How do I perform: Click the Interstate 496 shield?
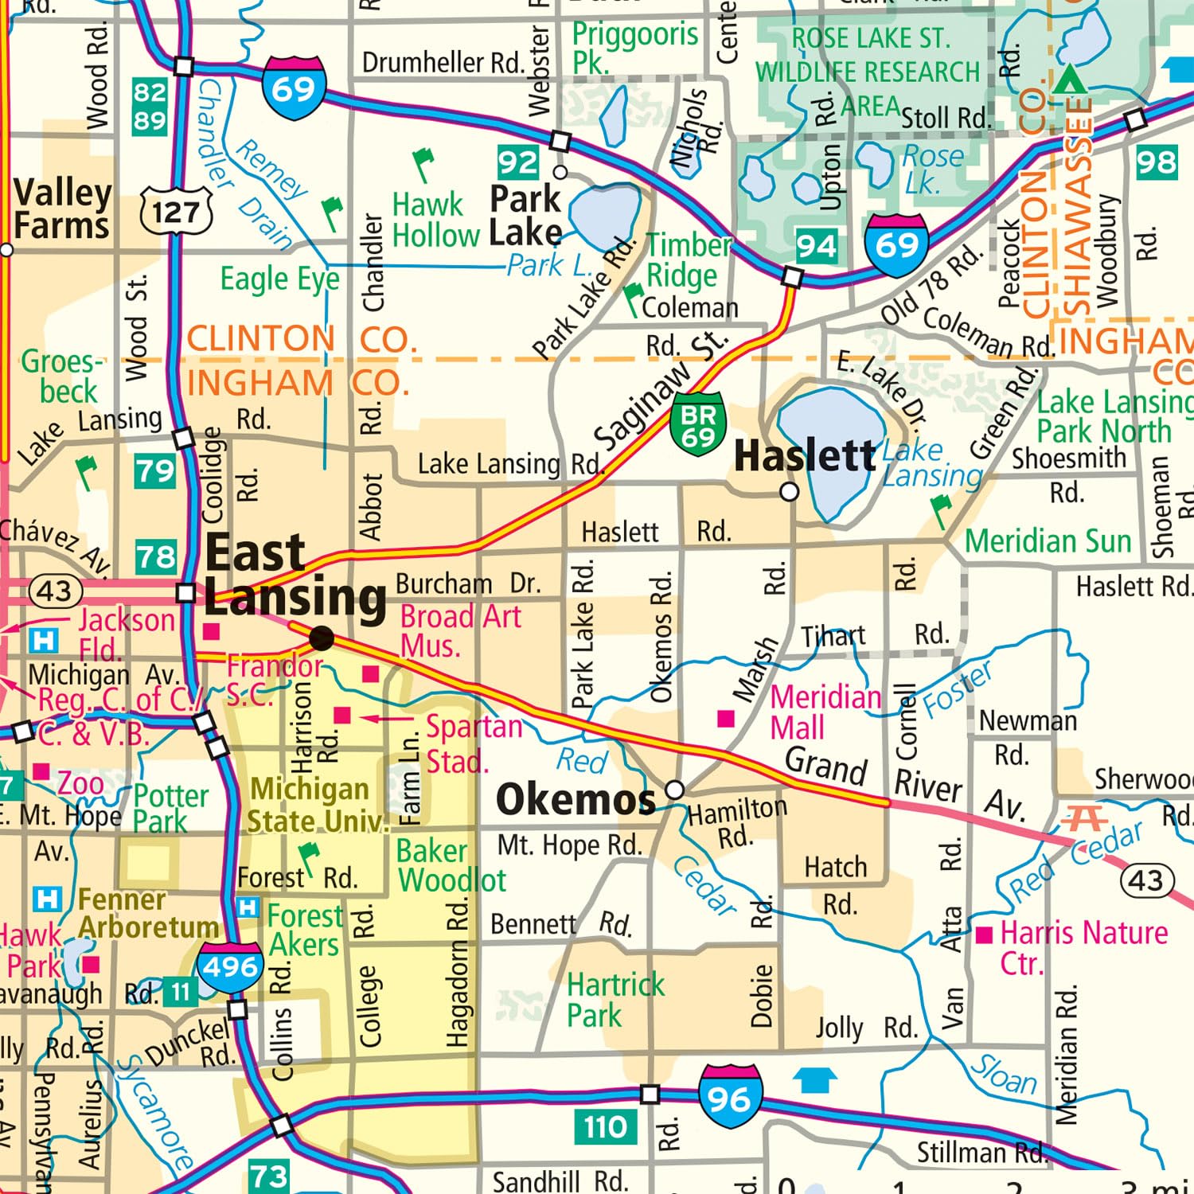tap(230, 967)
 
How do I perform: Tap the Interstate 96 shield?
tap(730, 1098)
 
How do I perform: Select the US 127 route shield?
tap(176, 212)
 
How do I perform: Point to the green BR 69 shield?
tap(697, 424)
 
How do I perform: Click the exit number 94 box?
tap(817, 246)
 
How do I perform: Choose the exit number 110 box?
tap(605, 1127)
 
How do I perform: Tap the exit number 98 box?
tap(1156, 162)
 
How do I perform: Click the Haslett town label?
tap(804, 456)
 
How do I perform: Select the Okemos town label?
tap(575, 799)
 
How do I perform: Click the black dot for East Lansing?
tap(322, 638)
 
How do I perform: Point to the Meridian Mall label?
tap(825, 712)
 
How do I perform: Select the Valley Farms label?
tap(62, 209)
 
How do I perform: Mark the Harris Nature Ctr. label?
tap(1083, 947)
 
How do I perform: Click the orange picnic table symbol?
tap(1085, 818)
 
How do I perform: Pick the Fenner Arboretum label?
tap(147, 914)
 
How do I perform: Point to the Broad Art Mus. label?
tap(460, 630)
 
